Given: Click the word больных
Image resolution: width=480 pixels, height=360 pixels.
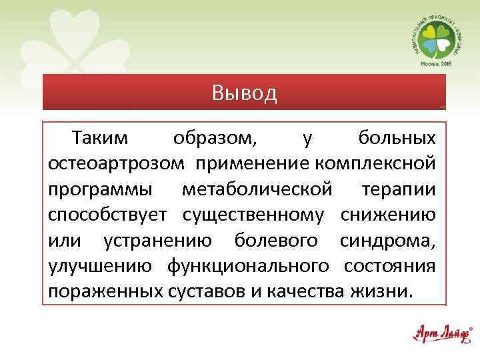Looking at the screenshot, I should (x=397, y=139).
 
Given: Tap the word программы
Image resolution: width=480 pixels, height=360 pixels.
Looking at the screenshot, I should (x=97, y=189).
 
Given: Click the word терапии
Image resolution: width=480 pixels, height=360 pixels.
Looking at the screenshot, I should (x=399, y=189).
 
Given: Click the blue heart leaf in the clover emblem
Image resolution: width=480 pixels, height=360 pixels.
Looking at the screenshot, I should (x=427, y=46).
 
